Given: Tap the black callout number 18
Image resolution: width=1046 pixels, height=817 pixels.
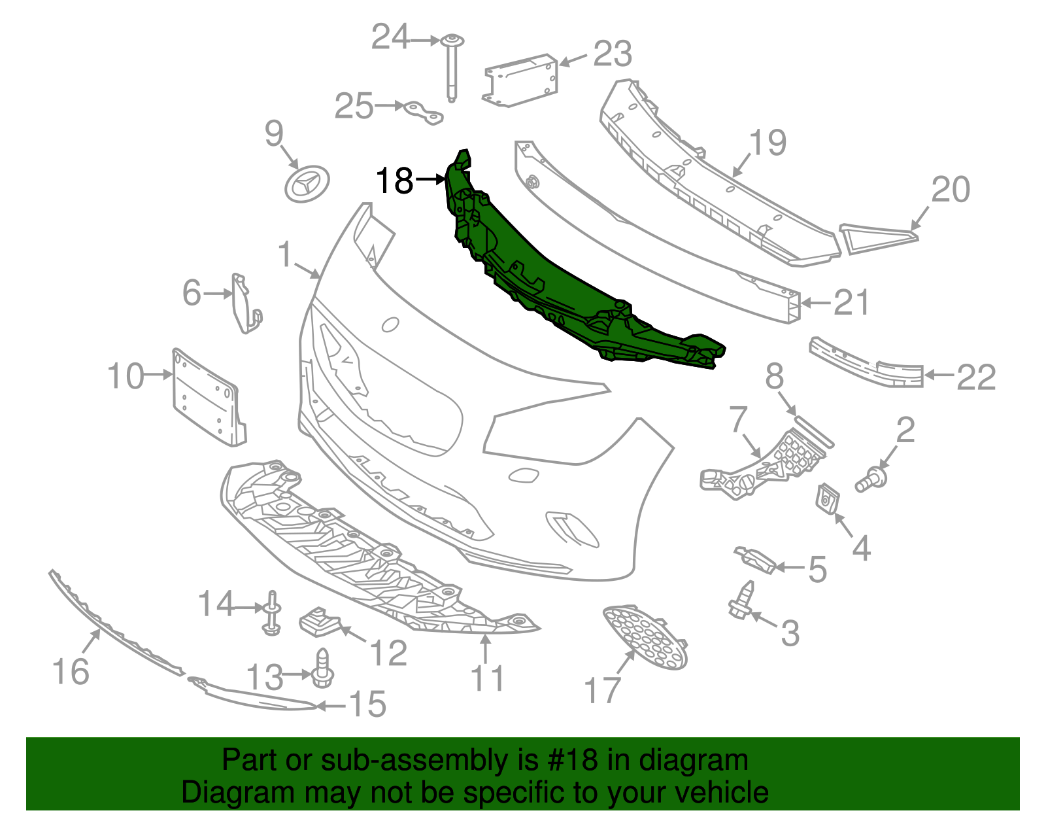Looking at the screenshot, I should [395, 181].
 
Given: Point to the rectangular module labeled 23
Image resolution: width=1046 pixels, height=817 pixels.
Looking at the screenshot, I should [521, 80].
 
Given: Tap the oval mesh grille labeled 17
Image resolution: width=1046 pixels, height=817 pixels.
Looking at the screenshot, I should [645, 638].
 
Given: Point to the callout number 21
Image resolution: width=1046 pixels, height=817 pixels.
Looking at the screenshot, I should [851, 303].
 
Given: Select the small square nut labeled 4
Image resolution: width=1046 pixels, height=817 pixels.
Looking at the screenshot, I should [828, 500].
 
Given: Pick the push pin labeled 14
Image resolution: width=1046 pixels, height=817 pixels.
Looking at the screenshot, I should [272, 614].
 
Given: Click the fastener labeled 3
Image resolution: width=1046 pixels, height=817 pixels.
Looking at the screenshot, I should [741, 602].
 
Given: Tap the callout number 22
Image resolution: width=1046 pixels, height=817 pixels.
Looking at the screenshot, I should [975, 377].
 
